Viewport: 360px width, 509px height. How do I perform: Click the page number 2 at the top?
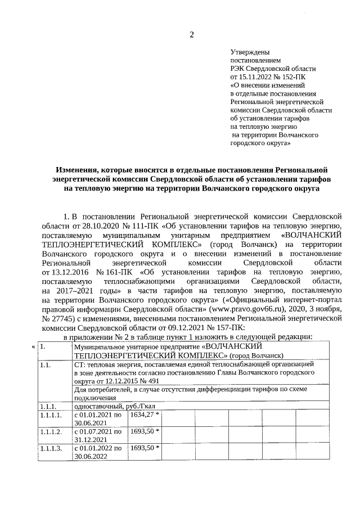[x=191, y=35]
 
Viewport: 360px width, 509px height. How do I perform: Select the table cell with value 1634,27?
[x=143, y=415]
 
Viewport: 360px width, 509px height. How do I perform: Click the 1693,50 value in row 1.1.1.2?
[x=143, y=431]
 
